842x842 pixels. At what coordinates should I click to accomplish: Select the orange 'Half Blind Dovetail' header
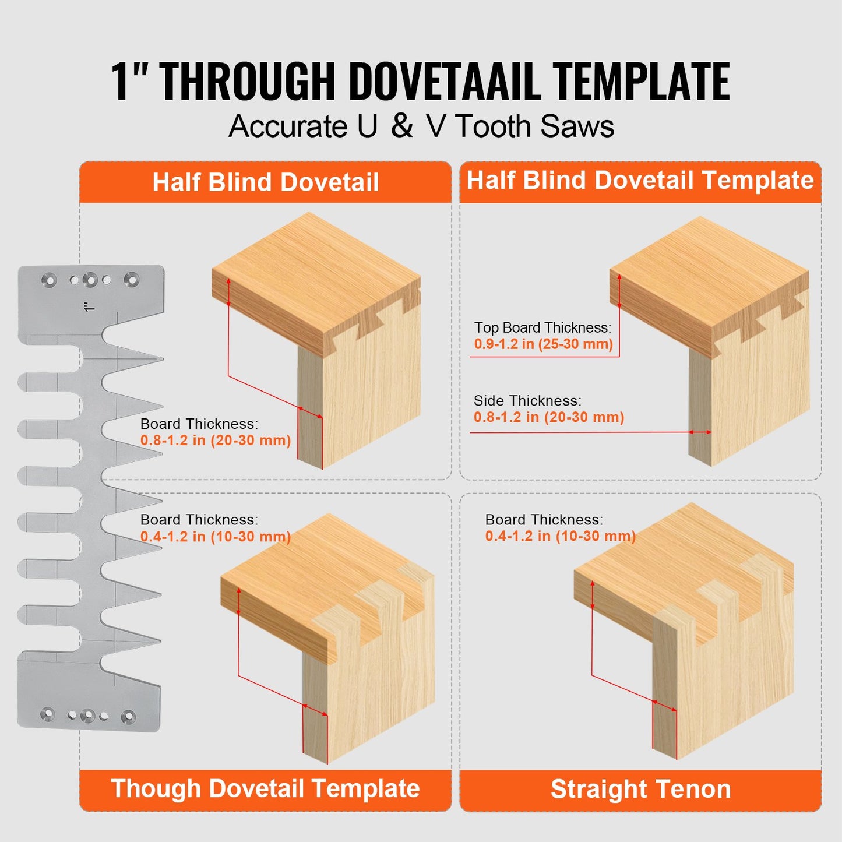pyautogui.click(x=266, y=182)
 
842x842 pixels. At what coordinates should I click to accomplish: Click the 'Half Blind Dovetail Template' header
pyautogui.click(x=640, y=181)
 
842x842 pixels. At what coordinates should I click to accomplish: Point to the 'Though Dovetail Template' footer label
pyautogui.click(x=266, y=789)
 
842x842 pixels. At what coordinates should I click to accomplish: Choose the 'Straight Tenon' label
pyautogui.click(x=640, y=790)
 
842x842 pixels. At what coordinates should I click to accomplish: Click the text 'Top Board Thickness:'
pyautogui.click(x=542, y=328)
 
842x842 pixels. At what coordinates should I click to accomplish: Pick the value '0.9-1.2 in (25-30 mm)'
pyautogui.click(x=543, y=344)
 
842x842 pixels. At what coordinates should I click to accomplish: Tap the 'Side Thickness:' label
pyautogui.click(x=527, y=401)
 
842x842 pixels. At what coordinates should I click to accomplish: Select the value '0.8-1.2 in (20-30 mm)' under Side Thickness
pyautogui.click(x=548, y=417)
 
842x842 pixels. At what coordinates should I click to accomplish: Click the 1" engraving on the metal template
pyautogui.click(x=89, y=306)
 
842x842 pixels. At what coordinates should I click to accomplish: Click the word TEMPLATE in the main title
pyautogui.click(x=640, y=82)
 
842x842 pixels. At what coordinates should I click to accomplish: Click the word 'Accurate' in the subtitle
pyautogui.click(x=288, y=126)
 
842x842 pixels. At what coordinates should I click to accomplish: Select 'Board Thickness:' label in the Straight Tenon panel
pyautogui.click(x=544, y=520)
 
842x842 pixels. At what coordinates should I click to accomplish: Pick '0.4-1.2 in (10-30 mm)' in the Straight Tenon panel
pyautogui.click(x=560, y=536)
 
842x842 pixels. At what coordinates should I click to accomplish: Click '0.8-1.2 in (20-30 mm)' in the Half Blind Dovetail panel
pyautogui.click(x=216, y=441)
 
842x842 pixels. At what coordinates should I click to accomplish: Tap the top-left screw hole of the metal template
pyautogui.click(x=50, y=281)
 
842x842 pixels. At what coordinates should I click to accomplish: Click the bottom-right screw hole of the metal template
pyautogui.click(x=128, y=716)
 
